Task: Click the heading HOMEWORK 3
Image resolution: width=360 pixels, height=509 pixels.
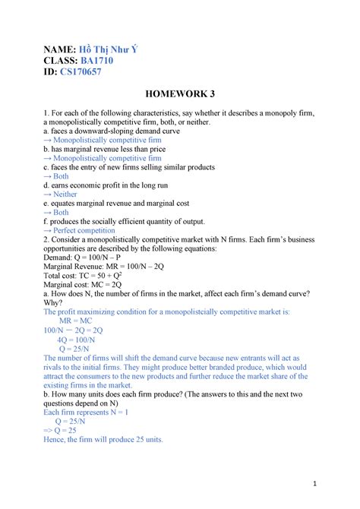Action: coord(179,94)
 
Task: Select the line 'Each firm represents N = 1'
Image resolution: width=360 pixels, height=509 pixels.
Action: coord(86,412)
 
